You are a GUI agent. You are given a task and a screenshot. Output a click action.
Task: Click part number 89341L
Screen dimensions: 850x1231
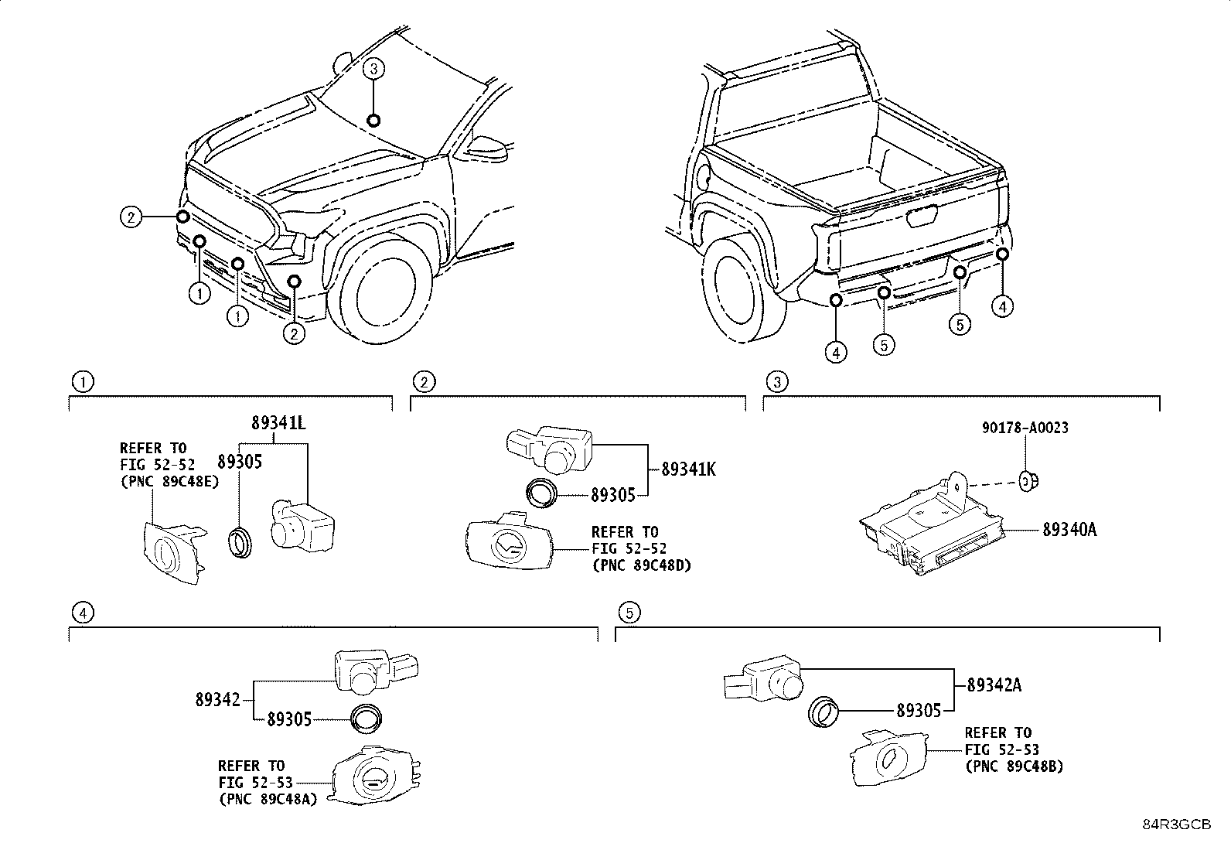(278, 424)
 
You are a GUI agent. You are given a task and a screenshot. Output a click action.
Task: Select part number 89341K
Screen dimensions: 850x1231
(688, 469)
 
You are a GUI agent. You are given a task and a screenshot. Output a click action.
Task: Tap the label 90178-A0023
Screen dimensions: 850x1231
(1025, 428)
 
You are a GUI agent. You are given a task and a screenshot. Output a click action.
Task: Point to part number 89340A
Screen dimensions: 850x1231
(1069, 530)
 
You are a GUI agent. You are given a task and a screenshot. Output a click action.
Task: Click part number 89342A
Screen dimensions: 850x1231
(994, 684)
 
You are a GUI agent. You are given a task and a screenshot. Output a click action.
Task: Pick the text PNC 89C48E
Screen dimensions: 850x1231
(169, 480)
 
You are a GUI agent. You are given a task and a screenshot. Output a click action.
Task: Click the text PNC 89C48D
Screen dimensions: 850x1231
(641, 565)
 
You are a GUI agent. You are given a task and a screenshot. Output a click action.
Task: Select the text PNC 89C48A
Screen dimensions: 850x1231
(268, 800)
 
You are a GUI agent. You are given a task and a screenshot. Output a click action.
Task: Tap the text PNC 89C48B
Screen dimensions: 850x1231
(1014, 766)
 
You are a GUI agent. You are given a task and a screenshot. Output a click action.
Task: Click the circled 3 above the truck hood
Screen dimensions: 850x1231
(373, 70)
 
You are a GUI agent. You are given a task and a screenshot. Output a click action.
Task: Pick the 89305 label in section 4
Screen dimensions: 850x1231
(288, 719)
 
